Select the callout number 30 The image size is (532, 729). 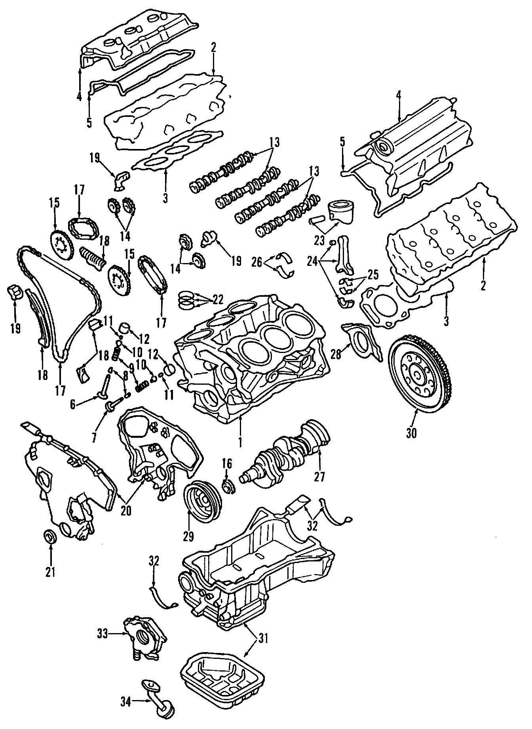(x=411, y=433)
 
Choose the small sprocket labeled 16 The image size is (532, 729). (x=229, y=486)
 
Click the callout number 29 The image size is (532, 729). (x=188, y=536)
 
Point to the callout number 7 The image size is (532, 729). (x=94, y=437)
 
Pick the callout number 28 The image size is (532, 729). (x=336, y=354)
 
